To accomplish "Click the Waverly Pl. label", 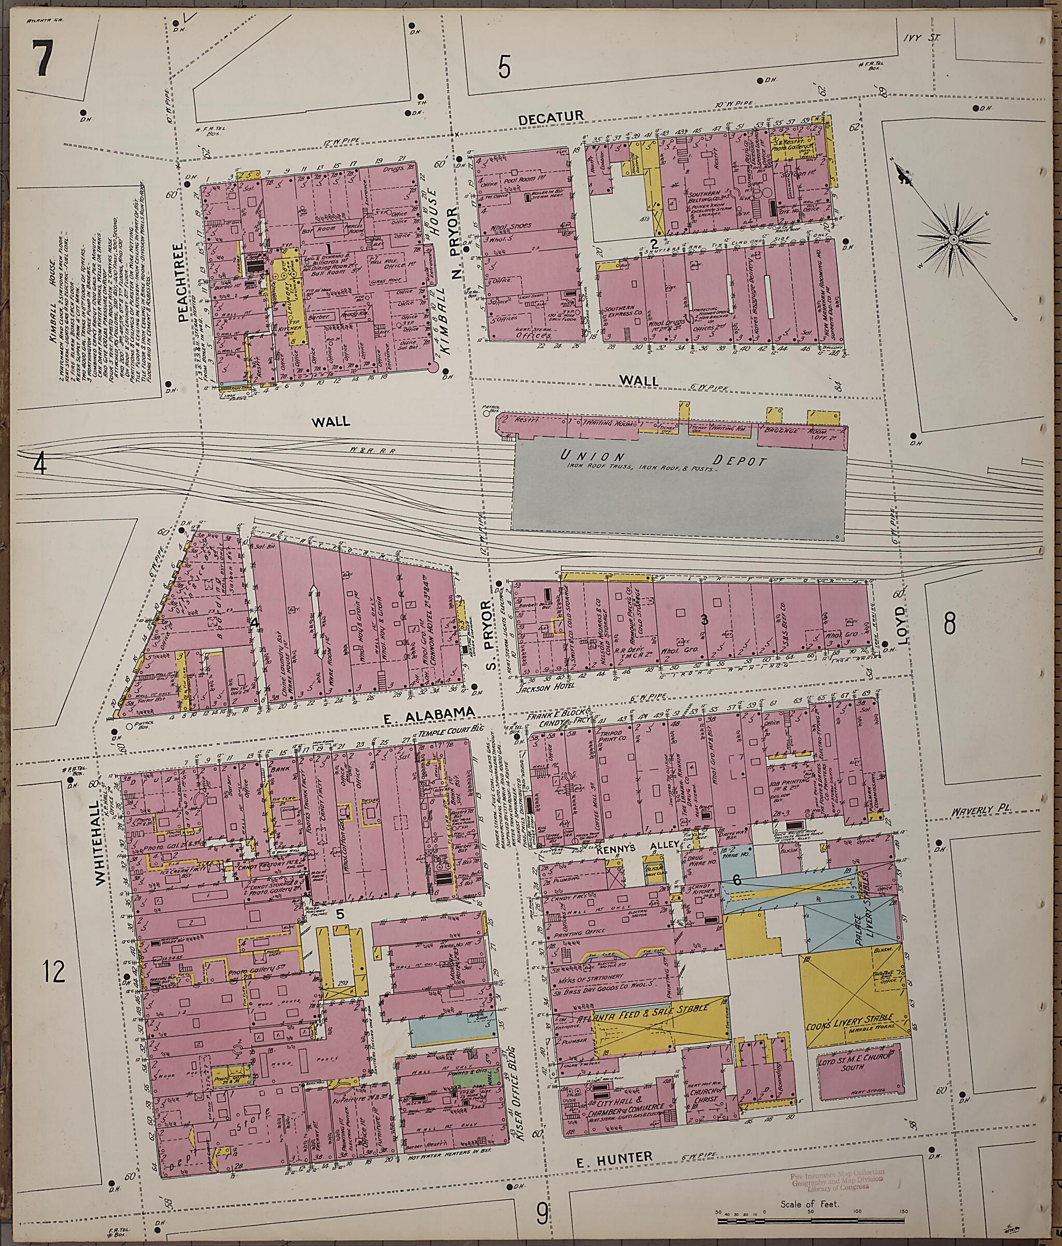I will coord(980,811).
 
